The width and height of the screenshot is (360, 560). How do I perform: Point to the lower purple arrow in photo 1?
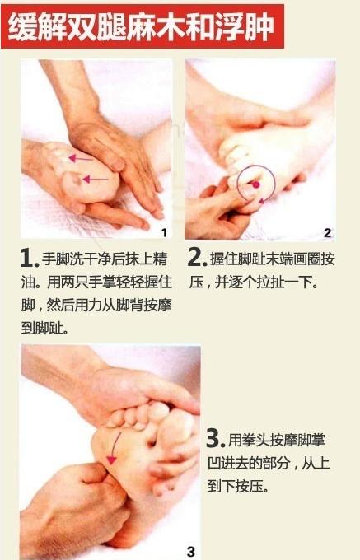pyautogui.click(x=95, y=177)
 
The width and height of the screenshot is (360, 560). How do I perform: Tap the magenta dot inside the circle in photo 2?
pyautogui.click(x=255, y=184)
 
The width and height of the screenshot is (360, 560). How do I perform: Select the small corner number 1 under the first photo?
pyautogui.click(x=164, y=233)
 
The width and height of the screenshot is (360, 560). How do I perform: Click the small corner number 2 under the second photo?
pyautogui.click(x=327, y=233)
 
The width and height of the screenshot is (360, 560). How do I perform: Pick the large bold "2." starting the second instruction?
pyautogui.click(x=196, y=258)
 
